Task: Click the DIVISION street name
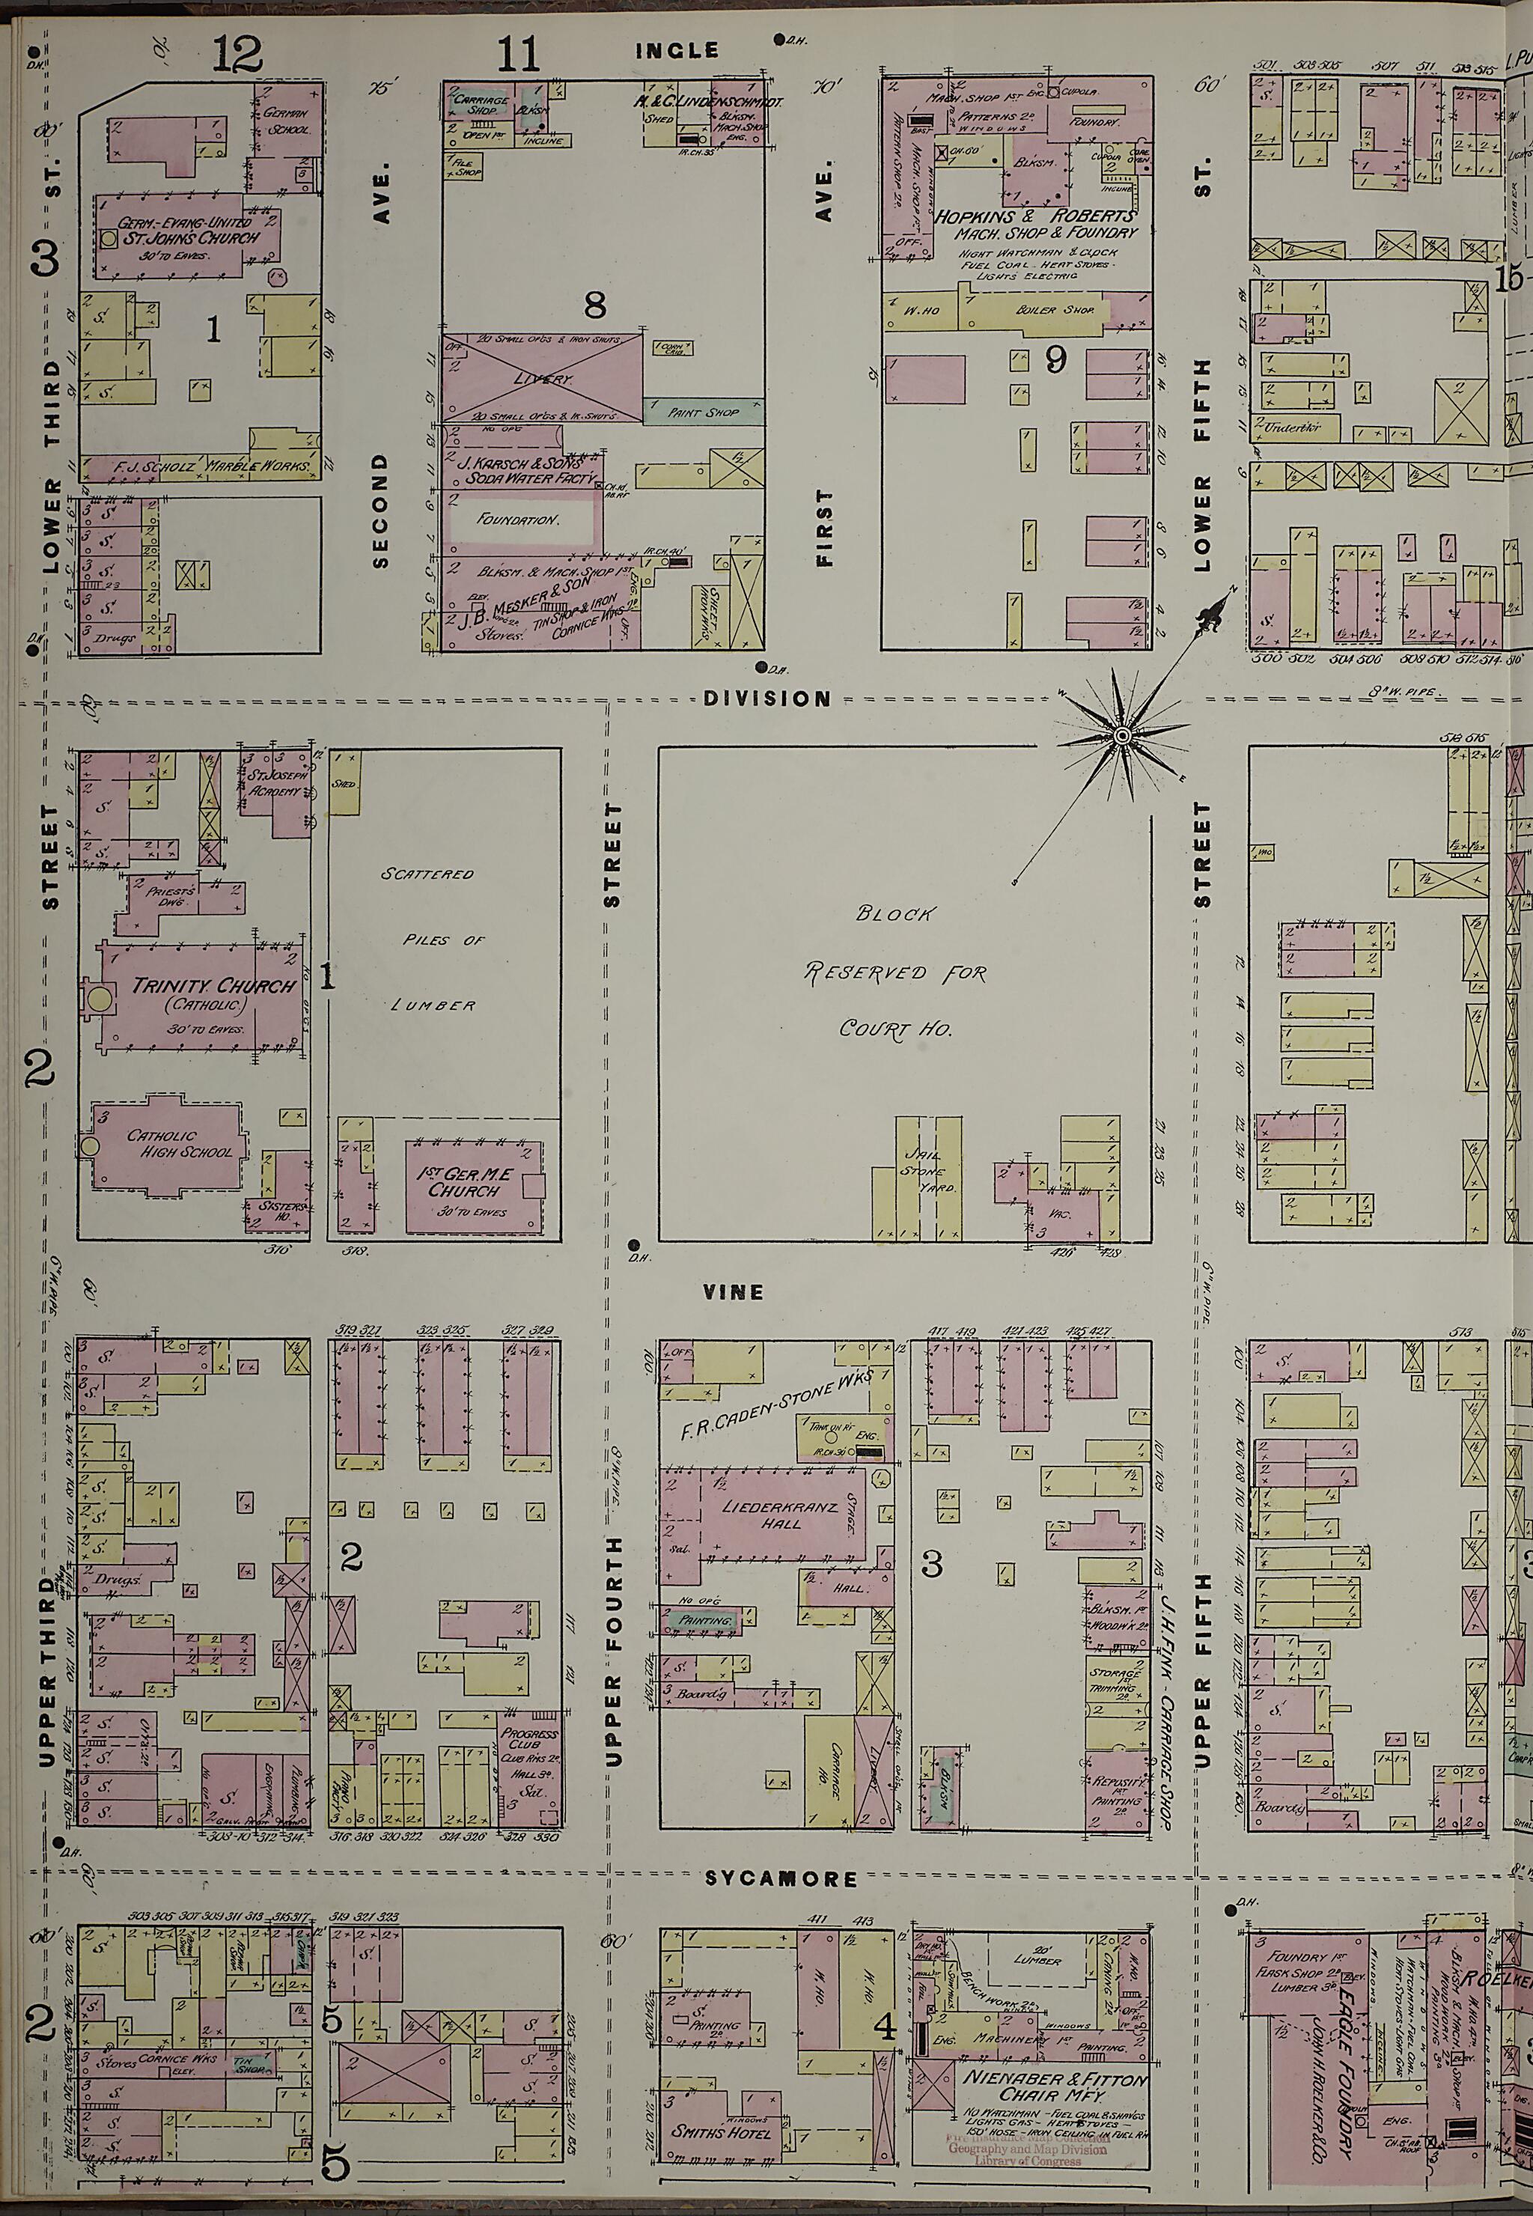766,698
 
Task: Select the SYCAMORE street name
780,1878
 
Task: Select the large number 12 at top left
237,53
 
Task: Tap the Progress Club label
529,1741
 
